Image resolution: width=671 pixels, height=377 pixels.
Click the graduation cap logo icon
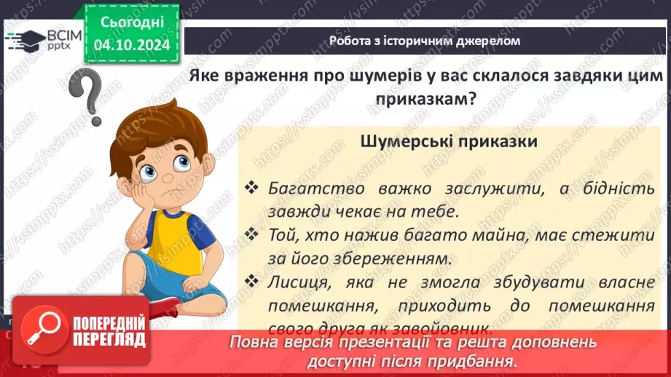23,39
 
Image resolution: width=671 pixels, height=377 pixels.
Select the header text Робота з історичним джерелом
425,41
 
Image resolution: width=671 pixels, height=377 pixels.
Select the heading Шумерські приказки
449,141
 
